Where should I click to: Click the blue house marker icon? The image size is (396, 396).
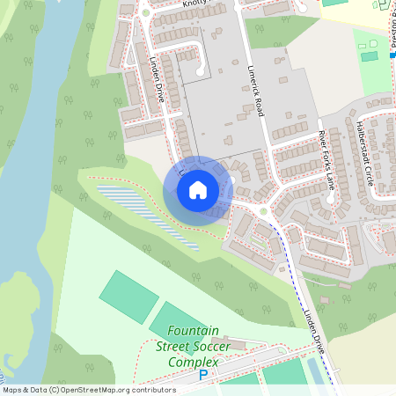pyautogui.click(x=198, y=190)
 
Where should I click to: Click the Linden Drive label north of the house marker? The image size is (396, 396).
pyautogui.click(x=159, y=80)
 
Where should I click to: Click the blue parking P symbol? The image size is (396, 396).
pyautogui.click(x=203, y=375)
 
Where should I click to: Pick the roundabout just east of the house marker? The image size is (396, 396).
pyautogui.click(x=262, y=210)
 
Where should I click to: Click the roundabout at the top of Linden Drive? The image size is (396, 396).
pyautogui.click(x=144, y=12)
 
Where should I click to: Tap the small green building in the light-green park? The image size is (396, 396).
pyautogui.click(x=370, y=56)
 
